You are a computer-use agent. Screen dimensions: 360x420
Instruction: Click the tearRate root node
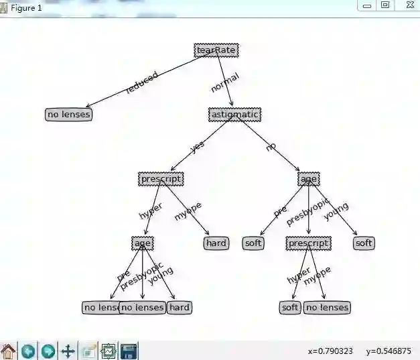coord(216,50)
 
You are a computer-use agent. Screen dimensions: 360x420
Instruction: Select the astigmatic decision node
coord(234,115)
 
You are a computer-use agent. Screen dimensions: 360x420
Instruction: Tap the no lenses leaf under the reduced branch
coord(68,115)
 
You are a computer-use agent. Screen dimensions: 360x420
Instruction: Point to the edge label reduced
coord(142,82)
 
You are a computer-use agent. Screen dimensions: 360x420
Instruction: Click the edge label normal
coord(224,82)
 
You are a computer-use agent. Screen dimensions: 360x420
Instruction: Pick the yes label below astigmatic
coord(198,146)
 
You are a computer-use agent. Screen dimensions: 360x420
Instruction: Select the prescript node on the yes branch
coord(161,179)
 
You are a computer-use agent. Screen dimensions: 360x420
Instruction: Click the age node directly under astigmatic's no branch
coord(308,179)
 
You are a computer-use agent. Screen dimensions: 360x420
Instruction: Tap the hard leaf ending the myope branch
coord(216,243)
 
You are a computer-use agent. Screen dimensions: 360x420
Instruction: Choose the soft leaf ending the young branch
coord(364,243)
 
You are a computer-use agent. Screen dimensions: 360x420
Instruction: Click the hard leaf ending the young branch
coord(180,308)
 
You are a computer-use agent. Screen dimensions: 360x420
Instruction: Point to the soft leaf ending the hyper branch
coord(290,308)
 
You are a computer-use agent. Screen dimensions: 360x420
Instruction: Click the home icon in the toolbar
coord(8,351)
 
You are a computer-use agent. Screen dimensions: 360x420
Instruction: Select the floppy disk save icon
coord(129,351)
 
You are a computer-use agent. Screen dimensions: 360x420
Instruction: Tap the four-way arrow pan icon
coord(68,351)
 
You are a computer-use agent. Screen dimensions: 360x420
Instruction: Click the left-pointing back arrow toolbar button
coord(28,351)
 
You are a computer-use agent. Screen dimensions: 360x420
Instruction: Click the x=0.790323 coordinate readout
coord(330,351)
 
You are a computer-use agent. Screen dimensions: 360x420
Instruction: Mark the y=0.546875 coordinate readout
coord(389,351)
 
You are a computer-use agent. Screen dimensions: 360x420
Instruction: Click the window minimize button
coord(367,5)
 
